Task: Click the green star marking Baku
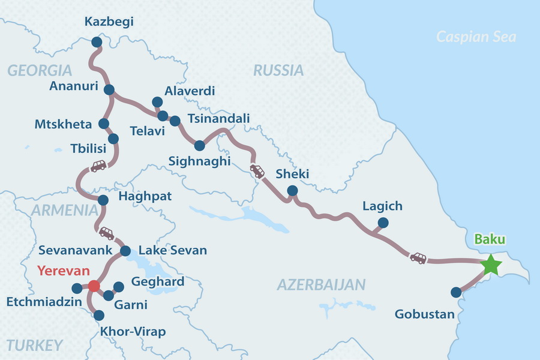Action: coord(491,265)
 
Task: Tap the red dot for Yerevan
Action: coord(94,286)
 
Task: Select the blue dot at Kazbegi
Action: coord(96,42)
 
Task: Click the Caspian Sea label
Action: coord(476,37)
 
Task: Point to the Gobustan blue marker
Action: coord(456,293)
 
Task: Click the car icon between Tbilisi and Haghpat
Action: coord(98,166)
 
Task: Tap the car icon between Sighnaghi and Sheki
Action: coord(257,171)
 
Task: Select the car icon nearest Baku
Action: coord(418,258)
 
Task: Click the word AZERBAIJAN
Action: coord(321,284)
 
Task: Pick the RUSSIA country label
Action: coord(278,70)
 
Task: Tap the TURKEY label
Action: coord(35,344)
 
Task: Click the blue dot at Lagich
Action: coord(383,223)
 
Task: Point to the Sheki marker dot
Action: coord(292,191)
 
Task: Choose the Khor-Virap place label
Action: coord(133,332)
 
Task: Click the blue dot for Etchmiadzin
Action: coord(76,287)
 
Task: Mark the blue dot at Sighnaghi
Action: coord(200,145)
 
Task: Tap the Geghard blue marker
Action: coord(118,286)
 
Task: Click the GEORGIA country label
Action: coord(40,70)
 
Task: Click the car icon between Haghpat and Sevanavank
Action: coord(106,233)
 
